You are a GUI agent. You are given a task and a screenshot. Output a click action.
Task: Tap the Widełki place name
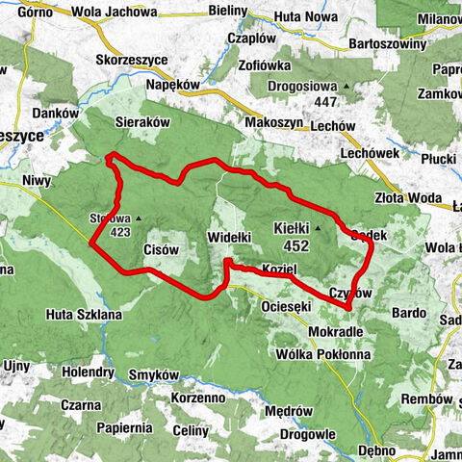pyautogui.click(x=229, y=236)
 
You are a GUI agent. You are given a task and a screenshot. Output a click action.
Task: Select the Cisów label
pyautogui.click(x=161, y=249)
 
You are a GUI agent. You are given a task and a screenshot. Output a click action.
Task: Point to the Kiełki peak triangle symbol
pyautogui.click(x=318, y=229)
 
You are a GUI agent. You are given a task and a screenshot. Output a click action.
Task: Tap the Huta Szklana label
pyautogui.click(x=84, y=314)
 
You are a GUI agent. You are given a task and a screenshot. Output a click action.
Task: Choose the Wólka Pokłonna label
pyautogui.click(x=328, y=354)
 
